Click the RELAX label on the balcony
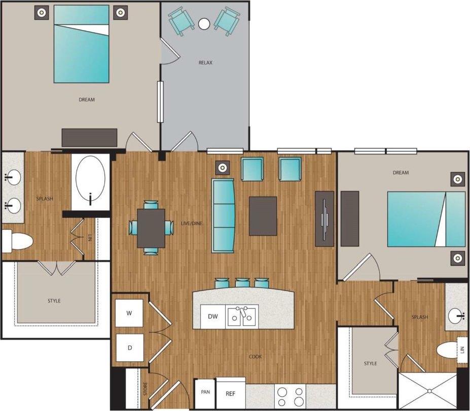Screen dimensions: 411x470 205,63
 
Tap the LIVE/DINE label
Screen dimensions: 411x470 193,224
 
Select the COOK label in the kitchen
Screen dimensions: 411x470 255,357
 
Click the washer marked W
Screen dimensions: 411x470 129,313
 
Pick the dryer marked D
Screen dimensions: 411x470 129,348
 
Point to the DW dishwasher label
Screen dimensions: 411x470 213,317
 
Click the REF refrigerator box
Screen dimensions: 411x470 231,393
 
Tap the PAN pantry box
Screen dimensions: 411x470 205,392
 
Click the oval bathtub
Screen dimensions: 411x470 91,180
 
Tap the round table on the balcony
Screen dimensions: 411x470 204,23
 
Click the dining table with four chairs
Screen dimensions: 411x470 151,228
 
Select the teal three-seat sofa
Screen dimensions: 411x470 224,215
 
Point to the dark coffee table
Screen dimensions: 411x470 263,216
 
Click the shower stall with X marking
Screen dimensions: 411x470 428,391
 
